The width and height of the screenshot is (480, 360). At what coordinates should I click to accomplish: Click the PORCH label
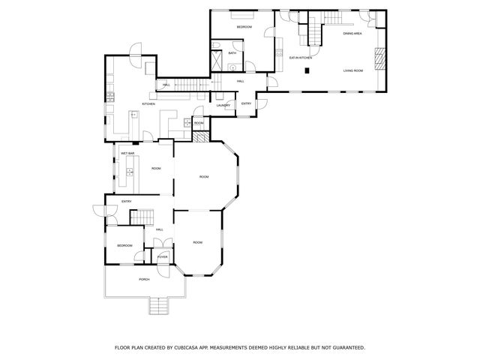[144, 279]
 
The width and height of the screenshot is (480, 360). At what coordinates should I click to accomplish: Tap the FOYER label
[162, 256]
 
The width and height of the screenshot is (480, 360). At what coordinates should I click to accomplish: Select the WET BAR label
[127, 154]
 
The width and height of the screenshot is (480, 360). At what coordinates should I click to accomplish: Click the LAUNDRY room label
[223, 105]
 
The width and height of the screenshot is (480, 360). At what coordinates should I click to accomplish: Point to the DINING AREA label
[352, 34]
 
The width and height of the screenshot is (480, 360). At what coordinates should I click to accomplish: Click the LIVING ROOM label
[353, 70]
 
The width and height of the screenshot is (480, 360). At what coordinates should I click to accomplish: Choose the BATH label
[232, 52]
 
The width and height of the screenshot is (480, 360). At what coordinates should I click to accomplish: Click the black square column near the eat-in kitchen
[307, 70]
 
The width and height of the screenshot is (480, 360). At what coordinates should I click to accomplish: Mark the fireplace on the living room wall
[379, 57]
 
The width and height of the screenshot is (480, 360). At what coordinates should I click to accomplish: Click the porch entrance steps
[159, 305]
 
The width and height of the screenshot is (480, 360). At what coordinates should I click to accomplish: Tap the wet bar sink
[130, 172]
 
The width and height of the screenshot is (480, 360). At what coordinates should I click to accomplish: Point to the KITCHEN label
[148, 104]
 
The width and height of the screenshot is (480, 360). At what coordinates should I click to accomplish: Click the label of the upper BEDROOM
[244, 27]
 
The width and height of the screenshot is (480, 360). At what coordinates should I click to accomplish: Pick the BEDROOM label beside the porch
[124, 245]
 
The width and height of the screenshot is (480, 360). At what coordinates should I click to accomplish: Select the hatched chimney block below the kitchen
[199, 137]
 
